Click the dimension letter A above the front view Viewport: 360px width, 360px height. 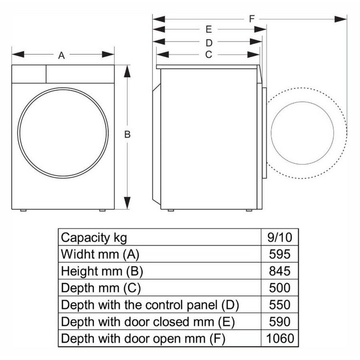(x=61, y=55)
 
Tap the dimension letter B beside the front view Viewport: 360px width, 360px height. (x=127, y=134)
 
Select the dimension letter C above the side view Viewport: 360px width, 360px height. (x=208, y=55)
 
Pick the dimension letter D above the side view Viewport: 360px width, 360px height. (x=209, y=43)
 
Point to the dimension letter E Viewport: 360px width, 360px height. (x=208, y=29)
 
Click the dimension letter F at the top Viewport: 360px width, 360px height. (x=252, y=19)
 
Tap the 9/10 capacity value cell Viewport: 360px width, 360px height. (x=280, y=237)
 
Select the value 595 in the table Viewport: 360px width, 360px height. (x=280, y=254)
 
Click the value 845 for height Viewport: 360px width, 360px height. (x=280, y=271)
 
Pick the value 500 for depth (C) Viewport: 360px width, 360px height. (x=280, y=288)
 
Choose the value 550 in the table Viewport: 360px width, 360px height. (x=280, y=305)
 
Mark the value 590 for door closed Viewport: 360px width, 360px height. (x=280, y=322)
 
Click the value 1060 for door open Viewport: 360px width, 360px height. (x=280, y=338)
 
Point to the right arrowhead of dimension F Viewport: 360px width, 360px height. (x=341, y=19)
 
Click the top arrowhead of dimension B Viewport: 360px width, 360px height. (x=127, y=71)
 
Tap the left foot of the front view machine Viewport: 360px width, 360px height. (x=23, y=210)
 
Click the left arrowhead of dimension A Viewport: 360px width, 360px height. (x=18, y=54)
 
